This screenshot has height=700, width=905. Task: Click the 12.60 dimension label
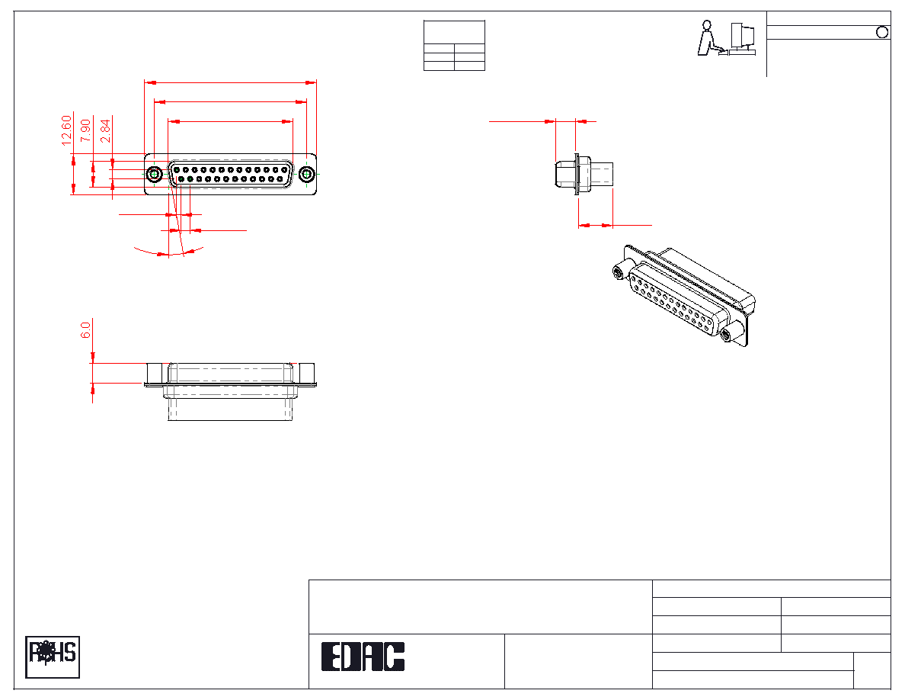66,130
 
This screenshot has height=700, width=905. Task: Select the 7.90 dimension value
85,130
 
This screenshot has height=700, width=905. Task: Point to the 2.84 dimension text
105,130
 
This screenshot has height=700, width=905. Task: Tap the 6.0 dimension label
85,329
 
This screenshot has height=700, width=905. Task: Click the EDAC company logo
363,657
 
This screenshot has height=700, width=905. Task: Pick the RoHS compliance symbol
53,657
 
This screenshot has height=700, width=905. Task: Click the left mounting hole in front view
154,174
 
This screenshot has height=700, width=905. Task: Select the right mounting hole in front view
306,174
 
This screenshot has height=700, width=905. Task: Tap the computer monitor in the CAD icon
743,36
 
